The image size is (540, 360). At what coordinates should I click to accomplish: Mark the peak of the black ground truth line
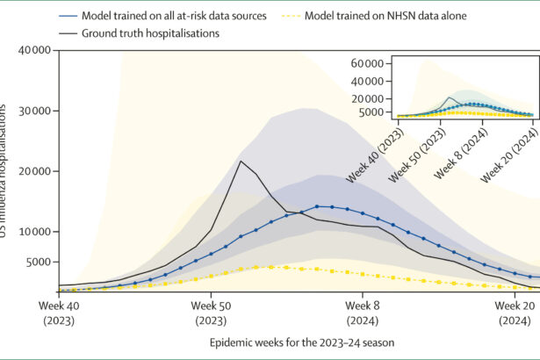241,161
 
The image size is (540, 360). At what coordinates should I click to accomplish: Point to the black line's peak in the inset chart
450,97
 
